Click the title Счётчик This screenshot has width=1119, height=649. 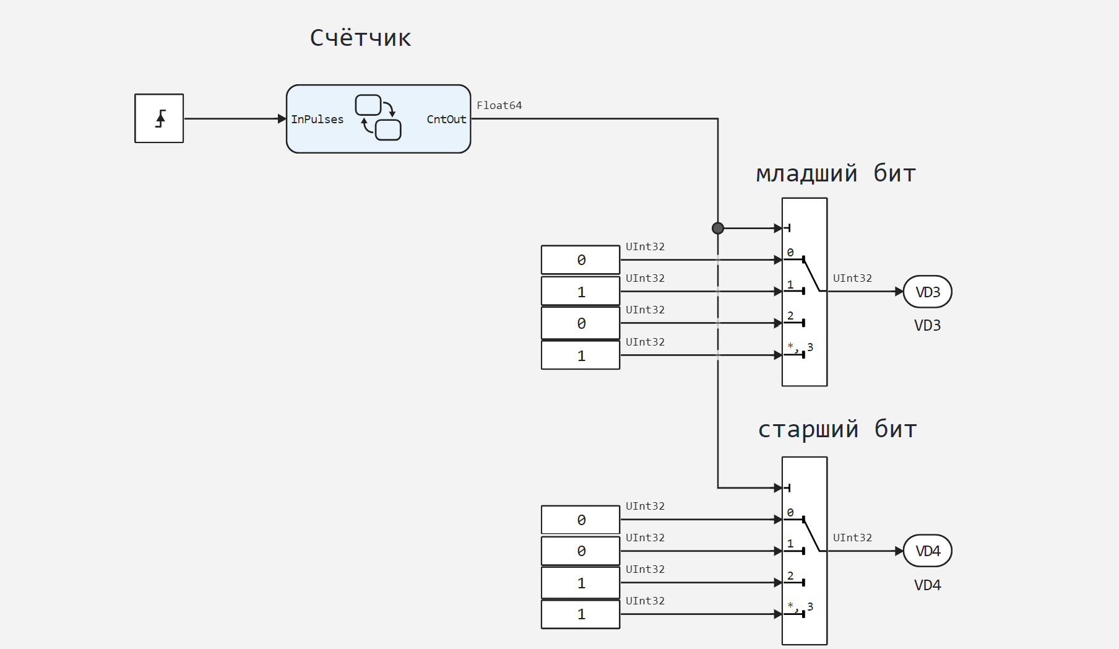(360, 38)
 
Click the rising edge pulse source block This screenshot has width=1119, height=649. (159, 118)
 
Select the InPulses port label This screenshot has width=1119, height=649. (317, 120)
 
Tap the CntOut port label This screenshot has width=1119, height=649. (446, 120)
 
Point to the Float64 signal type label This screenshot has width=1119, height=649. (499, 106)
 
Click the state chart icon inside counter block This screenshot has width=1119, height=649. (378, 118)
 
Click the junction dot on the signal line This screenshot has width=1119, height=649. (718, 229)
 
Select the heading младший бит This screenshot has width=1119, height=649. (836, 174)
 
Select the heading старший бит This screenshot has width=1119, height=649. (837, 430)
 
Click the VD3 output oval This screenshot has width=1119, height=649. (927, 292)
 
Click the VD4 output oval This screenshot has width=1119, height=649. (927, 551)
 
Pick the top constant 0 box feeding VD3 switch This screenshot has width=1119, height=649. (581, 260)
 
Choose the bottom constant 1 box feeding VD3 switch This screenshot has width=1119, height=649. (581, 355)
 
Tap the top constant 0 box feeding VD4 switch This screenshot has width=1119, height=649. (581, 520)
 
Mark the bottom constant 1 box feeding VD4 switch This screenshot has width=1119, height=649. (581, 614)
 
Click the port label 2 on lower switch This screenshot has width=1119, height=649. (790, 576)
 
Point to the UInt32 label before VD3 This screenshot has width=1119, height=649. (852, 279)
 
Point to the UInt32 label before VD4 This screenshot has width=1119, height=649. (852, 538)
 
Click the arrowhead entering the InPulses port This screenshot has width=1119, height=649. (282, 119)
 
